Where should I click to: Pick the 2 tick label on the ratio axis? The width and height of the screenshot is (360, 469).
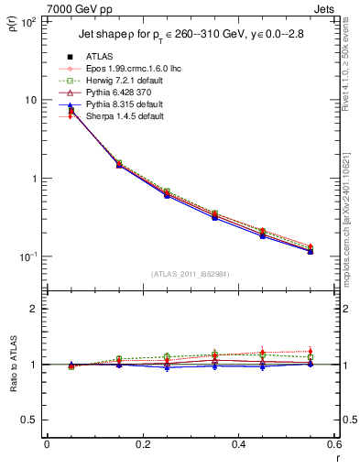(34, 309)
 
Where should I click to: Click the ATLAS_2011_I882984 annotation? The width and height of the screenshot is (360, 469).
(190, 273)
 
